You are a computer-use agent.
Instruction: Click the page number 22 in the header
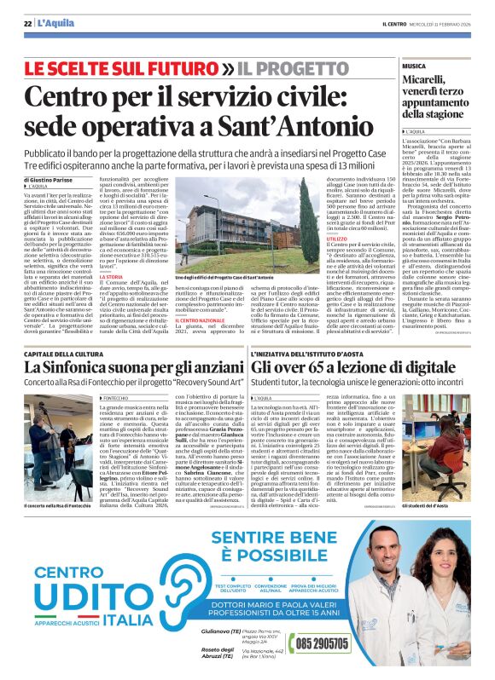pyautogui.click(x=28, y=21)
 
